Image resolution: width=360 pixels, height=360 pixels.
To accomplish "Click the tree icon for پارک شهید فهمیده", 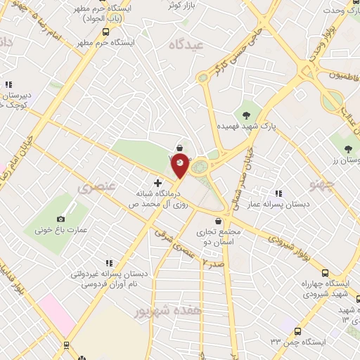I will (x=246, y=115).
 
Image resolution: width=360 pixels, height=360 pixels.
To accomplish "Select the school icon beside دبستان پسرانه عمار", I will (x=278, y=193).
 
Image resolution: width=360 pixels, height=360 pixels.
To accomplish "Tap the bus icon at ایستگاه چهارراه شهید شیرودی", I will (x=325, y=273).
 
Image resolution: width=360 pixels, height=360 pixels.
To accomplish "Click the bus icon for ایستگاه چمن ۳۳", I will (x=298, y=330).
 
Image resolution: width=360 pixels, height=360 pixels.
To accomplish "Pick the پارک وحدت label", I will (x=340, y=11).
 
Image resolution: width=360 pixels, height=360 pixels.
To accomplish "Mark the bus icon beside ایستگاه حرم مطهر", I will (x=105, y=32).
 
